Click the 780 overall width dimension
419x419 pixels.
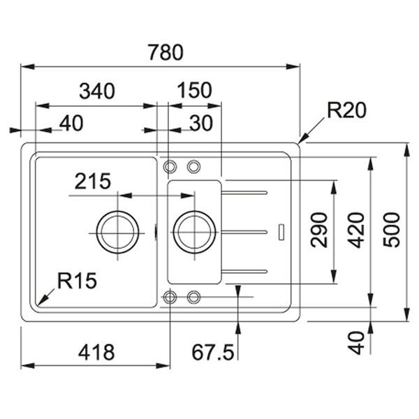(x=166, y=52)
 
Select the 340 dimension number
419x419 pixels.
(x=97, y=91)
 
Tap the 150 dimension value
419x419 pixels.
(x=195, y=90)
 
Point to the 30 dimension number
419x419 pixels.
(x=201, y=123)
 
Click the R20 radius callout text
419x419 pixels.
(x=346, y=110)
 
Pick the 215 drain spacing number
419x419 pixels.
(x=93, y=181)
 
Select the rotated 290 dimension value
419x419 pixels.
(x=319, y=230)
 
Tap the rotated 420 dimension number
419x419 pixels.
(x=356, y=230)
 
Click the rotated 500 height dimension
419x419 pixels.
(x=392, y=230)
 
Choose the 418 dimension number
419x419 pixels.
(x=96, y=352)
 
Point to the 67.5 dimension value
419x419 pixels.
(x=213, y=352)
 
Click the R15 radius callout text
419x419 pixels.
(x=78, y=281)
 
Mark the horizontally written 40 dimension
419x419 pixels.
(x=71, y=123)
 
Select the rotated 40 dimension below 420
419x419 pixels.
(x=356, y=343)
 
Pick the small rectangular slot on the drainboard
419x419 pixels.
(x=281, y=232)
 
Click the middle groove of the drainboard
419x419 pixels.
(x=244, y=232)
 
